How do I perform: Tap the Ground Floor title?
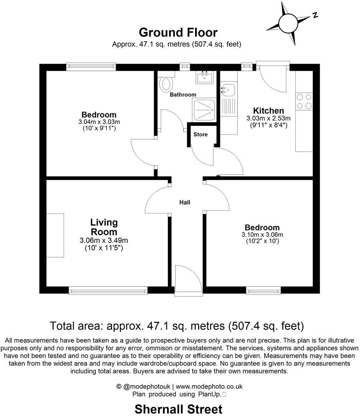coord(178,32)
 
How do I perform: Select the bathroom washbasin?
coord(204,77)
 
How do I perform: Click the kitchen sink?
coord(228,90)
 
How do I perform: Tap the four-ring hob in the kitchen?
coord(304,102)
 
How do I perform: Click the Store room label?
coord(201,134)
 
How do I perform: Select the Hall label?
coord(185,202)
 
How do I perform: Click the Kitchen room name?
coord(268,111)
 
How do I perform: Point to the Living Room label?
coord(104,227)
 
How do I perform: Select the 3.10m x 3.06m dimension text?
coord(262,234)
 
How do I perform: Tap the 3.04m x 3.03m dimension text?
coord(99,121)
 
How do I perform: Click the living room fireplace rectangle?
coord(55,235)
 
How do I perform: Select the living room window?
coord(108,289)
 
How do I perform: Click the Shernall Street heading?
coord(178,409)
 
